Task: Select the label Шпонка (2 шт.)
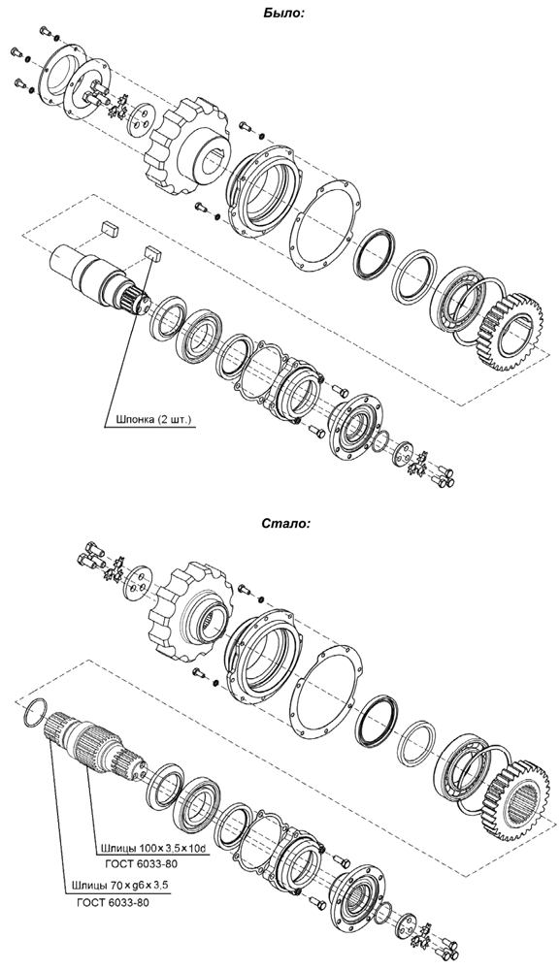click(x=149, y=420)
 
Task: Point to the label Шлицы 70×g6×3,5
click(x=120, y=886)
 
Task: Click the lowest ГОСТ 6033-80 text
click(x=113, y=902)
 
